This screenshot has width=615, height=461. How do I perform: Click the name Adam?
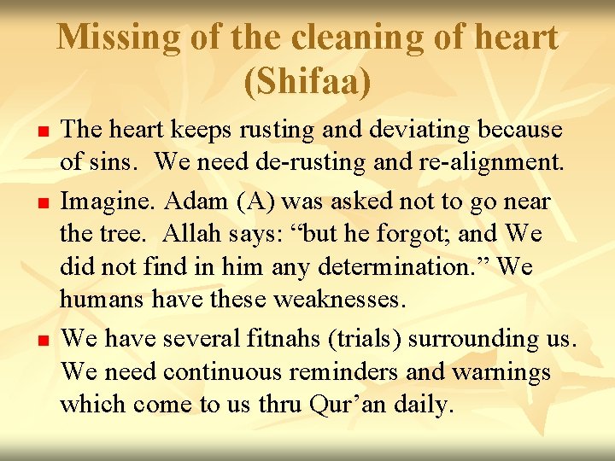[x=193, y=201]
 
